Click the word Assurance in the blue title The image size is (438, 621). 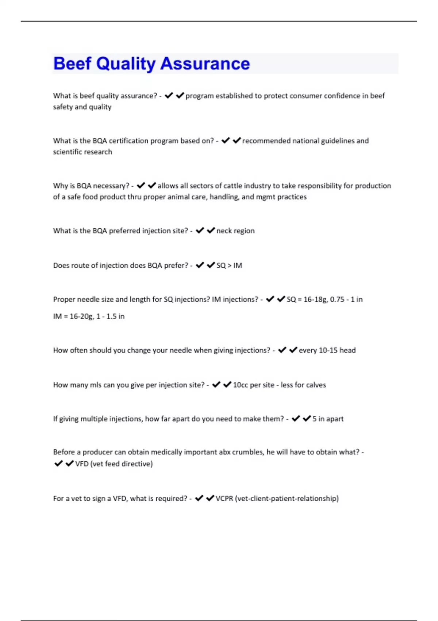pos(205,64)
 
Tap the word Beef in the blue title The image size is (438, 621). pos(72,64)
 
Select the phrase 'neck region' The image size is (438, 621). pos(235,231)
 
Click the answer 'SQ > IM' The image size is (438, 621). pos(229,266)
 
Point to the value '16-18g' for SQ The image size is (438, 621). pos(315,300)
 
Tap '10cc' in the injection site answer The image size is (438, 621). pos(241,385)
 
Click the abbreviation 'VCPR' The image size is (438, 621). pos(224,499)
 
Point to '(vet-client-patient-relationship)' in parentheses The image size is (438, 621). pos(287,499)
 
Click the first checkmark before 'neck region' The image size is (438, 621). pos(200,231)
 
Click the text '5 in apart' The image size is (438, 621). pos(328,419)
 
